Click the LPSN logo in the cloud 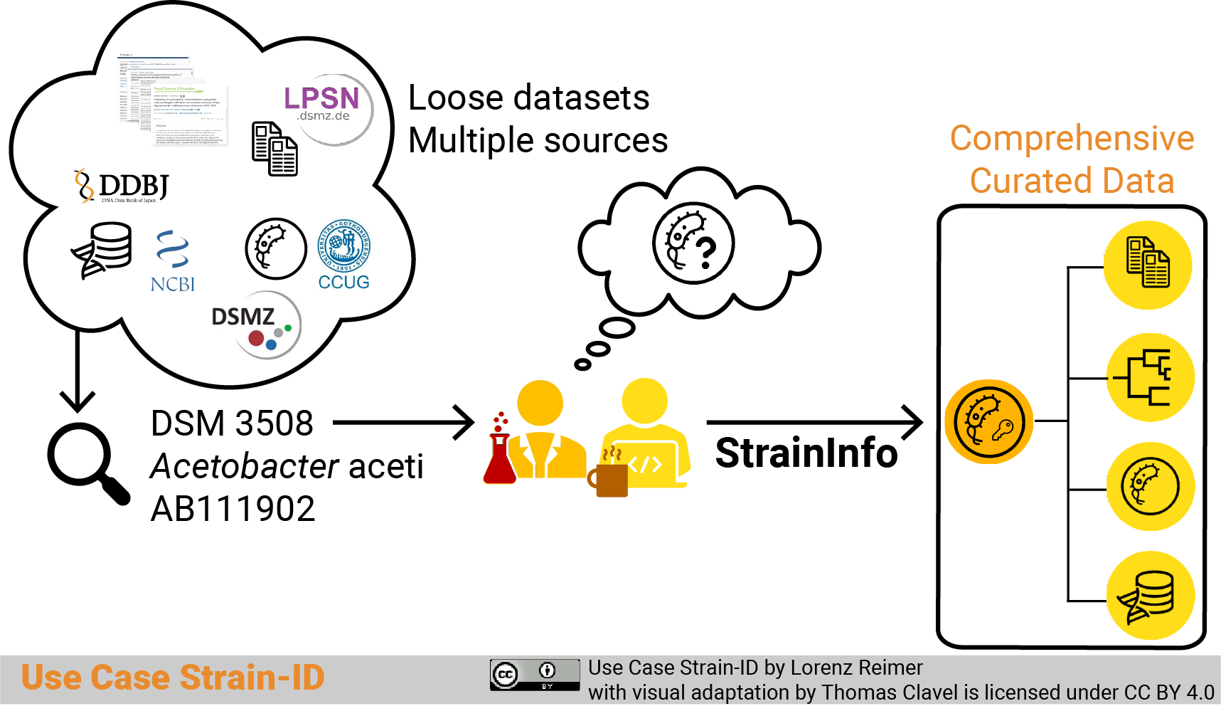click(326, 105)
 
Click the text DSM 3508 click(232, 423)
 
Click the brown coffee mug click(609, 478)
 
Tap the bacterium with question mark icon click(693, 243)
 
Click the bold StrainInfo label click(806, 453)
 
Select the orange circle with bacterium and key click(988, 421)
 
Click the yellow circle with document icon click(1148, 265)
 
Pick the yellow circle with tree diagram click(1150, 377)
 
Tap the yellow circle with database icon click(1150, 596)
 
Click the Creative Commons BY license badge click(534, 675)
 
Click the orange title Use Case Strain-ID click(173, 678)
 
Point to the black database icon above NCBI click(104, 250)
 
